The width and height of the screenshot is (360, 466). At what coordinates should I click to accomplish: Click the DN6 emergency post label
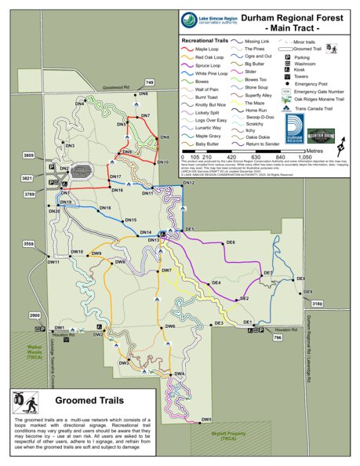click(x=144, y=94)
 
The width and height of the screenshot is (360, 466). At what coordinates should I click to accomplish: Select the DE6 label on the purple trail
click(x=231, y=243)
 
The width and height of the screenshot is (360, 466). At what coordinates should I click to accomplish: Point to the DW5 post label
click(x=206, y=420)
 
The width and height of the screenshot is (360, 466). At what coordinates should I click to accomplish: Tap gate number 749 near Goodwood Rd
click(x=149, y=82)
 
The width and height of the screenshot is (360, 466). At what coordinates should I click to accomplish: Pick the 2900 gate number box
click(x=35, y=315)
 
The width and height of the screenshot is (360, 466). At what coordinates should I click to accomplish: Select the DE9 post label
click(x=299, y=279)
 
